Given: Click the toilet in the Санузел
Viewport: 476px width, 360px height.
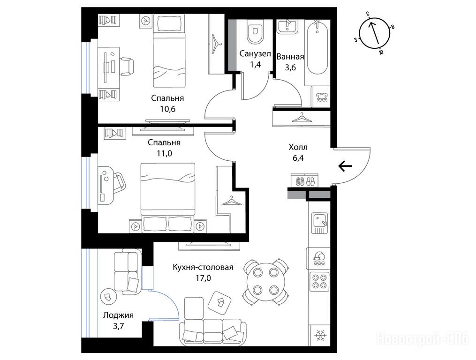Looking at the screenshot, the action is (255, 32).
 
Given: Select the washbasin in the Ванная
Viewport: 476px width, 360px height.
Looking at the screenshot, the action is (287, 26).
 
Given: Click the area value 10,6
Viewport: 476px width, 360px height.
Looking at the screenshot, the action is (168, 109).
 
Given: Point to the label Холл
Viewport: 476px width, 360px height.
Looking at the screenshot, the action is (298, 147).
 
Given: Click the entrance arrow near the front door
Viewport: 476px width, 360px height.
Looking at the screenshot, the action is (345, 166).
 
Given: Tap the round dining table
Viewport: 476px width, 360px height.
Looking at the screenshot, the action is (265, 281).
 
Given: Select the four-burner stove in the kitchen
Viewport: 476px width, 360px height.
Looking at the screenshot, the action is (319, 281).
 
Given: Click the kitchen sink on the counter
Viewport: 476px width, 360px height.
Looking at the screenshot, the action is (320, 223).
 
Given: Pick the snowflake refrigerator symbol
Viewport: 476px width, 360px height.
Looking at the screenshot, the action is (319, 335).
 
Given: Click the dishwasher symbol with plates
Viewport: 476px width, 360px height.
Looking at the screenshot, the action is (319, 258).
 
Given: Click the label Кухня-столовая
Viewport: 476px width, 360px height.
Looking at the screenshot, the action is (203, 267).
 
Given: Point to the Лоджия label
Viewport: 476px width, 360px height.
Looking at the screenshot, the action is (118, 315).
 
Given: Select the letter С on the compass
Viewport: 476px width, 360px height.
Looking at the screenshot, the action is (368, 14).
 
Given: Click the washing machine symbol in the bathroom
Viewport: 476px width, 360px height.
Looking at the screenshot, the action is (320, 97).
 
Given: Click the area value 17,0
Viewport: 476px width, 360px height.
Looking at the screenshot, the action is (203, 277).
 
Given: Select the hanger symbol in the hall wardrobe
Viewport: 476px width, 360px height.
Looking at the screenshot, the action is (302, 118).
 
